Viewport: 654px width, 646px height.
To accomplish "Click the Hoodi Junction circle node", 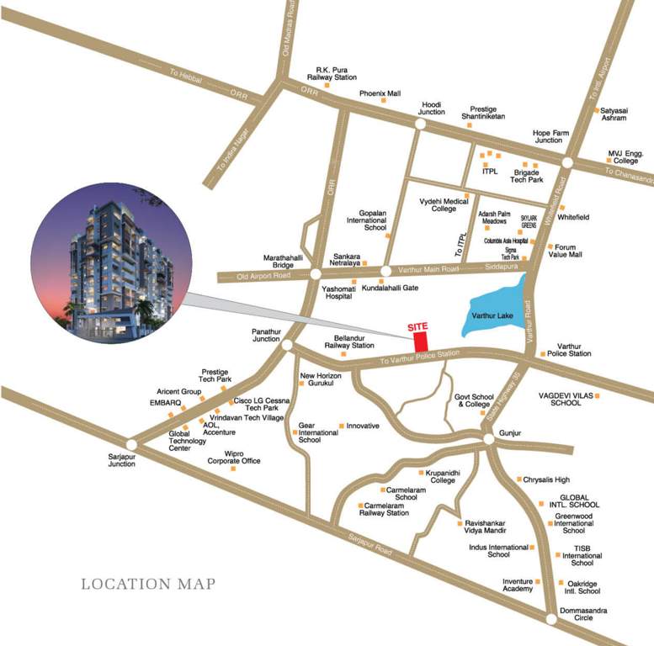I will (419, 124).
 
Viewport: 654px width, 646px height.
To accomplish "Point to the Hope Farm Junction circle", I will (567, 161).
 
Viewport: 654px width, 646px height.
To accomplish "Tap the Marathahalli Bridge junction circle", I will (314, 274).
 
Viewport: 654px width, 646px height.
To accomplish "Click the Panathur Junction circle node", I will (286, 346).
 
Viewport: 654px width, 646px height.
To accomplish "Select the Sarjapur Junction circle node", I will (131, 444).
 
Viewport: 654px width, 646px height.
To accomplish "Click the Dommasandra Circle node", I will (550, 620).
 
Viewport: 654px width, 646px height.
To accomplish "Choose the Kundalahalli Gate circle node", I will (385, 272).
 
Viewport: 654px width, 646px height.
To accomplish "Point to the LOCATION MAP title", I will (148, 584).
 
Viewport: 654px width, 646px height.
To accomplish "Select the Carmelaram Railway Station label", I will (391, 509).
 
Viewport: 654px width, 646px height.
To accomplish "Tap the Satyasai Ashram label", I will (614, 114).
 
